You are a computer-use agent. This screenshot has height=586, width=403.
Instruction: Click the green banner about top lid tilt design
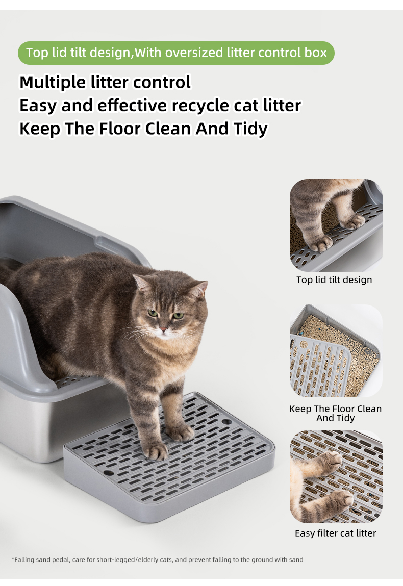pyautogui.click(x=176, y=53)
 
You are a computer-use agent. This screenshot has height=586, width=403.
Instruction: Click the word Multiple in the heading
pyautogui.click(x=53, y=83)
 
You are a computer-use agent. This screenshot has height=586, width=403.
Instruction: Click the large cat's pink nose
pyautogui.click(x=163, y=329)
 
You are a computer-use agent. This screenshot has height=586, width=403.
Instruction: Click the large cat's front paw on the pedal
pyautogui.click(x=156, y=451)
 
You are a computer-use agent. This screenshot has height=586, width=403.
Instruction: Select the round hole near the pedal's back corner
pyautogui.click(x=226, y=422)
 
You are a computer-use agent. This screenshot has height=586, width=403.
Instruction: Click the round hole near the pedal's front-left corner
pyautogui.click(x=109, y=473)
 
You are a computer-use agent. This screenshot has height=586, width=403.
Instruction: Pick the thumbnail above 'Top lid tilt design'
pyautogui.click(x=336, y=225)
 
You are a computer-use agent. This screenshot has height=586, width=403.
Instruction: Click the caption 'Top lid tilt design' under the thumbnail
pyautogui.click(x=334, y=280)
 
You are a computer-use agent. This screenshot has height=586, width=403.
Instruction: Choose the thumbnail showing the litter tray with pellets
pyautogui.click(x=336, y=350)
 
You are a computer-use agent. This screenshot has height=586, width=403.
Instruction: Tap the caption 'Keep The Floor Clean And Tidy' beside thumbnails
pyautogui.click(x=335, y=413)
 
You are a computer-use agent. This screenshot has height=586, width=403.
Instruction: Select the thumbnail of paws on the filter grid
pyautogui.click(x=336, y=476)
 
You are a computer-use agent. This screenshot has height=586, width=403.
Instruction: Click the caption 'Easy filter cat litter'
pyautogui.click(x=335, y=533)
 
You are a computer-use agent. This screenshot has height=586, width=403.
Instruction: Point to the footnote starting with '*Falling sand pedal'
pyautogui.click(x=158, y=560)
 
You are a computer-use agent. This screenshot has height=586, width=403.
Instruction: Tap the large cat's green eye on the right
pyautogui.click(x=178, y=316)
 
